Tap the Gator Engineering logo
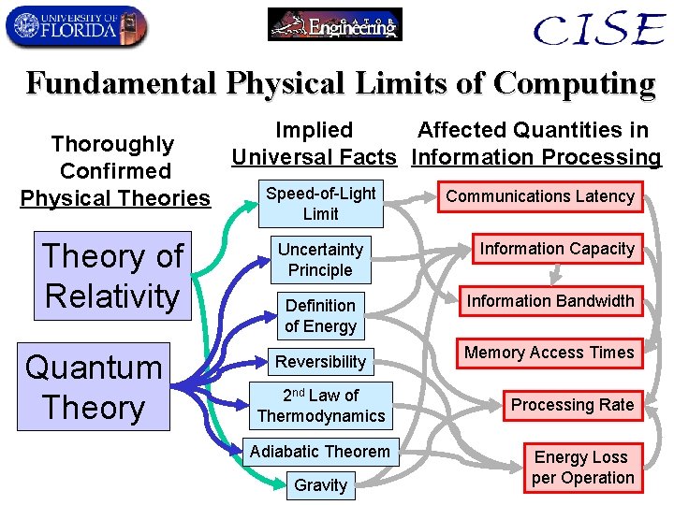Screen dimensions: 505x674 (x=335, y=24)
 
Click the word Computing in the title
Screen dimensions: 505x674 (x=574, y=83)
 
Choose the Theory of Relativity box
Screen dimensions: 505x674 (x=112, y=276)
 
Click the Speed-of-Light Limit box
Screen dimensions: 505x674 (x=320, y=204)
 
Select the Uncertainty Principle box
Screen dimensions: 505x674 (x=320, y=260)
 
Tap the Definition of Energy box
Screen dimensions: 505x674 (x=320, y=316)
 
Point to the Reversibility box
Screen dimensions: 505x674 (x=320, y=362)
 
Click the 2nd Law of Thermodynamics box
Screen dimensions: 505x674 (x=320, y=406)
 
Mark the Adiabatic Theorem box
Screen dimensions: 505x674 (x=320, y=452)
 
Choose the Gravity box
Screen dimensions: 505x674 (x=320, y=485)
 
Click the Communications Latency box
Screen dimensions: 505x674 (x=539, y=196)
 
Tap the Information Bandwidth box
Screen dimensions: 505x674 (x=550, y=301)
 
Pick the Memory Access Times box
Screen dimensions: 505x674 (x=549, y=353)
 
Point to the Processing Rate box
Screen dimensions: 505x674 (x=571, y=405)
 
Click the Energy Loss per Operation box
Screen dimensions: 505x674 (x=582, y=468)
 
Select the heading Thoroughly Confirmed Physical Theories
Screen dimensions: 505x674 (x=115, y=171)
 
